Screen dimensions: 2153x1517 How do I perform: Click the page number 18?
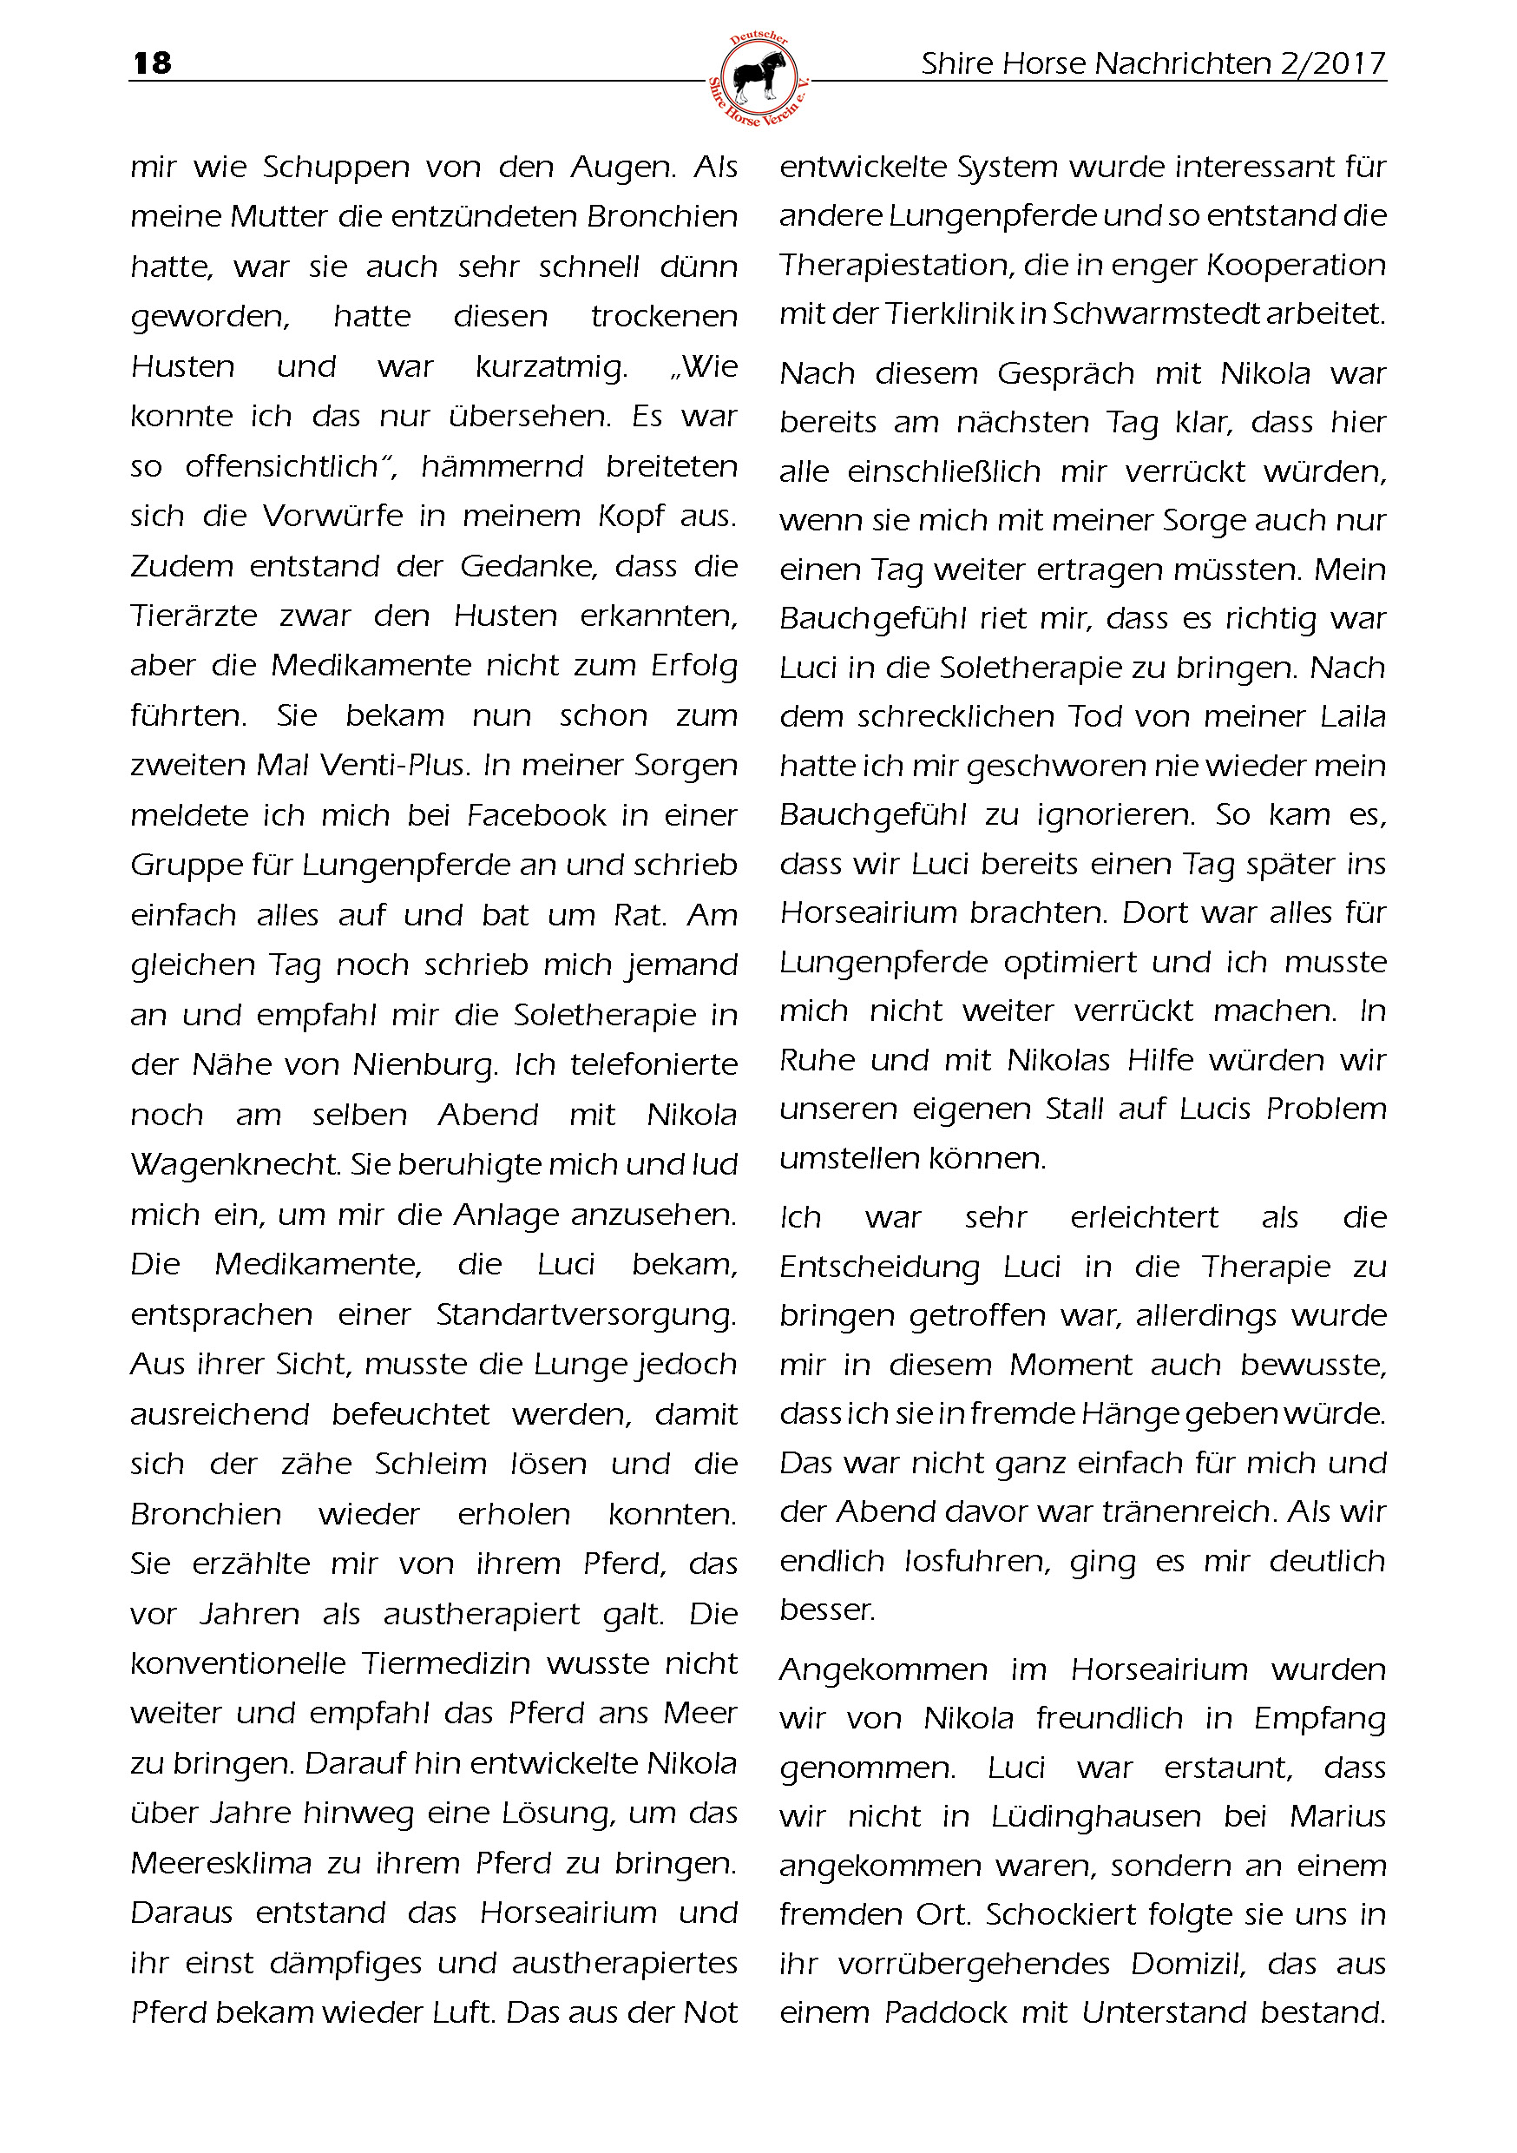coord(153,63)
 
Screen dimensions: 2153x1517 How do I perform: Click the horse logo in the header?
coord(758,79)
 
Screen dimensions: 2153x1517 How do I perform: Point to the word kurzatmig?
coord(551,366)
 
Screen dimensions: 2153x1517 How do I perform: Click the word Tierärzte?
coord(194,616)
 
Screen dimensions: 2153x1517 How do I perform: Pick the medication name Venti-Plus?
coord(394,765)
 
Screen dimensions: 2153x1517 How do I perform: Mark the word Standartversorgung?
coord(586,1314)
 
